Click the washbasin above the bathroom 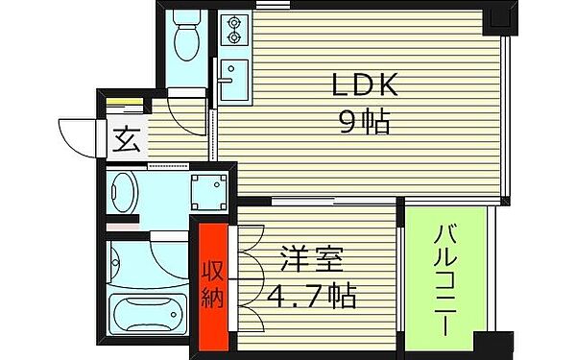tap(124, 193)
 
